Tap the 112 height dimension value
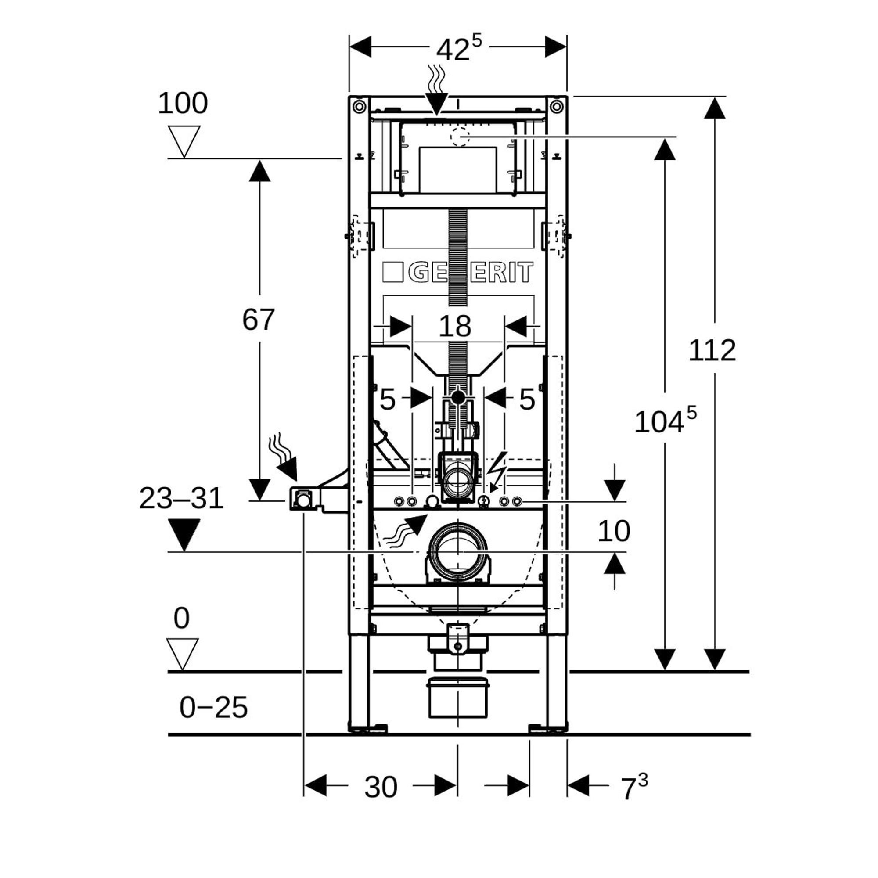tap(712, 351)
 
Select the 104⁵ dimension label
tap(664, 421)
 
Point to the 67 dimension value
tap(258, 320)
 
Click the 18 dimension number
tap(455, 326)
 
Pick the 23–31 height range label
tap(181, 499)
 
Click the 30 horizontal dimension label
tap(381, 788)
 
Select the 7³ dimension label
tap(633, 788)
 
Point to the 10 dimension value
tap(614, 531)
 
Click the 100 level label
tap(183, 103)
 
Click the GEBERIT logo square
tap(392, 272)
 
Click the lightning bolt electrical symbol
tap(497, 472)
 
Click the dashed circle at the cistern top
tap(460, 137)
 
